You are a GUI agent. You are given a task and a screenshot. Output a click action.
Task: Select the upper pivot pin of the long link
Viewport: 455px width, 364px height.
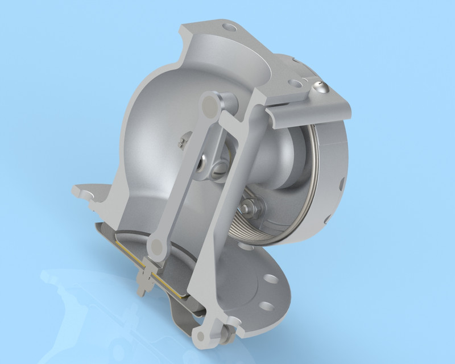[x=213, y=104]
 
